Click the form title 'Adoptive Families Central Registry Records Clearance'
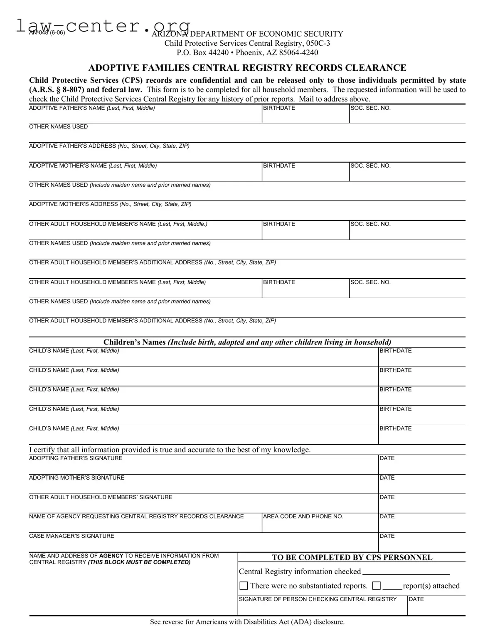click(247, 68)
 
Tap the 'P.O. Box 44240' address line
click(247, 52)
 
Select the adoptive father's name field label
click(92, 108)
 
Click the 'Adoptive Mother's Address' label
click(110, 204)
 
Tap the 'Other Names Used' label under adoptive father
click(58, 127)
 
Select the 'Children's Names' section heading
click(247, 342)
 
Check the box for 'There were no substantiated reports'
click(244, 586)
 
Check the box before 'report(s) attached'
click(377, 586)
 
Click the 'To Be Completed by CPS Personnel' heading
click(352, 557)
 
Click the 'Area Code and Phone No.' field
click(320, 523)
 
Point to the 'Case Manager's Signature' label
click(71, 536)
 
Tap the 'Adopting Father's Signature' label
click(76, 458)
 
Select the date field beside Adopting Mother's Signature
click(421, 484)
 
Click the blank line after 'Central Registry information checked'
click(406, 572)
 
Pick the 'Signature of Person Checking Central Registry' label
click(318, 599)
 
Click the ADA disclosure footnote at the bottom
click(247, 622)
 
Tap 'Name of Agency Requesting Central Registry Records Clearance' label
click(136, 517)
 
